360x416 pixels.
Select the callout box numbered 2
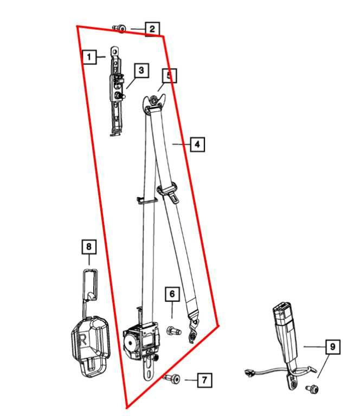pos(152,28)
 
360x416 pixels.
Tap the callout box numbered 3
pos(140,70)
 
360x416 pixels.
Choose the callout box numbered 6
pos(172,294)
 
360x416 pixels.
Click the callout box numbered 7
pos(204,380)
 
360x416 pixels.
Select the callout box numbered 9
pos(333,346)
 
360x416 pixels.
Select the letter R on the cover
pos(83,340)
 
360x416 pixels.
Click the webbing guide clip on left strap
pos(145,200)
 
